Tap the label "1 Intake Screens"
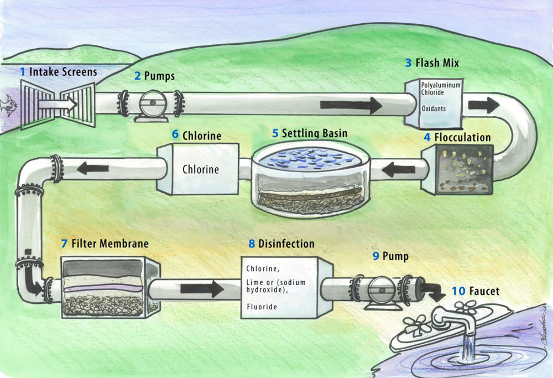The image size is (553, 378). [x=58, y=72]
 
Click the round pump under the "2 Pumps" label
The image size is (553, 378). [x=150, y=104]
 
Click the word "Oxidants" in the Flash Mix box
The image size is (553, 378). [x=434, y=108]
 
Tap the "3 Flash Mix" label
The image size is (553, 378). [x=432, y=63]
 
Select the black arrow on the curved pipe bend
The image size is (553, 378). [x=484, y=106]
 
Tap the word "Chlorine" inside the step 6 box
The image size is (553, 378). [x=201, y=170]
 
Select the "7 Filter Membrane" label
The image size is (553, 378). [x=105, y=244]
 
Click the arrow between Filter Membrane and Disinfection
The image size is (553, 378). [x=201, y=288]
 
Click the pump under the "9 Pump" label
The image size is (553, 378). [x=380, y=288]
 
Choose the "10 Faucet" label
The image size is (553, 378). [x=476, y=291]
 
